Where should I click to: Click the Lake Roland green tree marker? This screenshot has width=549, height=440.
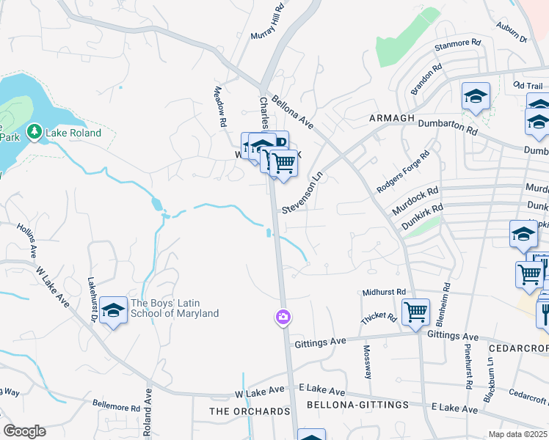[34, 132]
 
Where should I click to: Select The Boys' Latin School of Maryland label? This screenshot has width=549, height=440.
[174, 308]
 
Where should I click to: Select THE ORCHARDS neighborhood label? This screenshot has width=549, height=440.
[250, 411]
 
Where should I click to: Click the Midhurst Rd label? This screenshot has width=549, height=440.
[384, 292]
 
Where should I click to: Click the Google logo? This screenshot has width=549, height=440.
[24, 431]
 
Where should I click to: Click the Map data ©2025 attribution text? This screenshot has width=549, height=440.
[518, 434]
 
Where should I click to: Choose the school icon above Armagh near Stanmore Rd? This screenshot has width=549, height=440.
[475, 96]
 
